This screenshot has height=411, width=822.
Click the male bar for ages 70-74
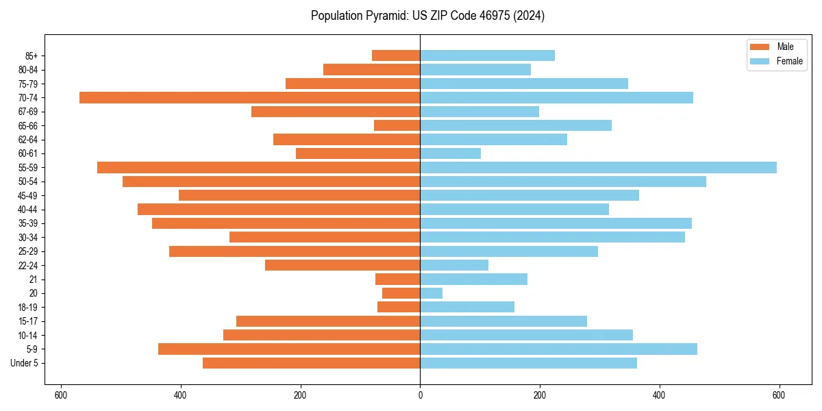249,97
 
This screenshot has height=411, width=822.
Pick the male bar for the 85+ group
396,55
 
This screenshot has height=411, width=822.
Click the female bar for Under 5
528,363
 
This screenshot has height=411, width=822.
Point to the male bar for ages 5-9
289,349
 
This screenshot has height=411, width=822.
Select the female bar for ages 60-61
450,153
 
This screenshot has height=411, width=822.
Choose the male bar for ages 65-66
397,125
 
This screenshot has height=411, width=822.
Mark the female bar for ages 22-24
454,265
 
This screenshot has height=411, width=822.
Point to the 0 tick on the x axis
420,395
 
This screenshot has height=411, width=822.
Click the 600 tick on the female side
779,395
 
